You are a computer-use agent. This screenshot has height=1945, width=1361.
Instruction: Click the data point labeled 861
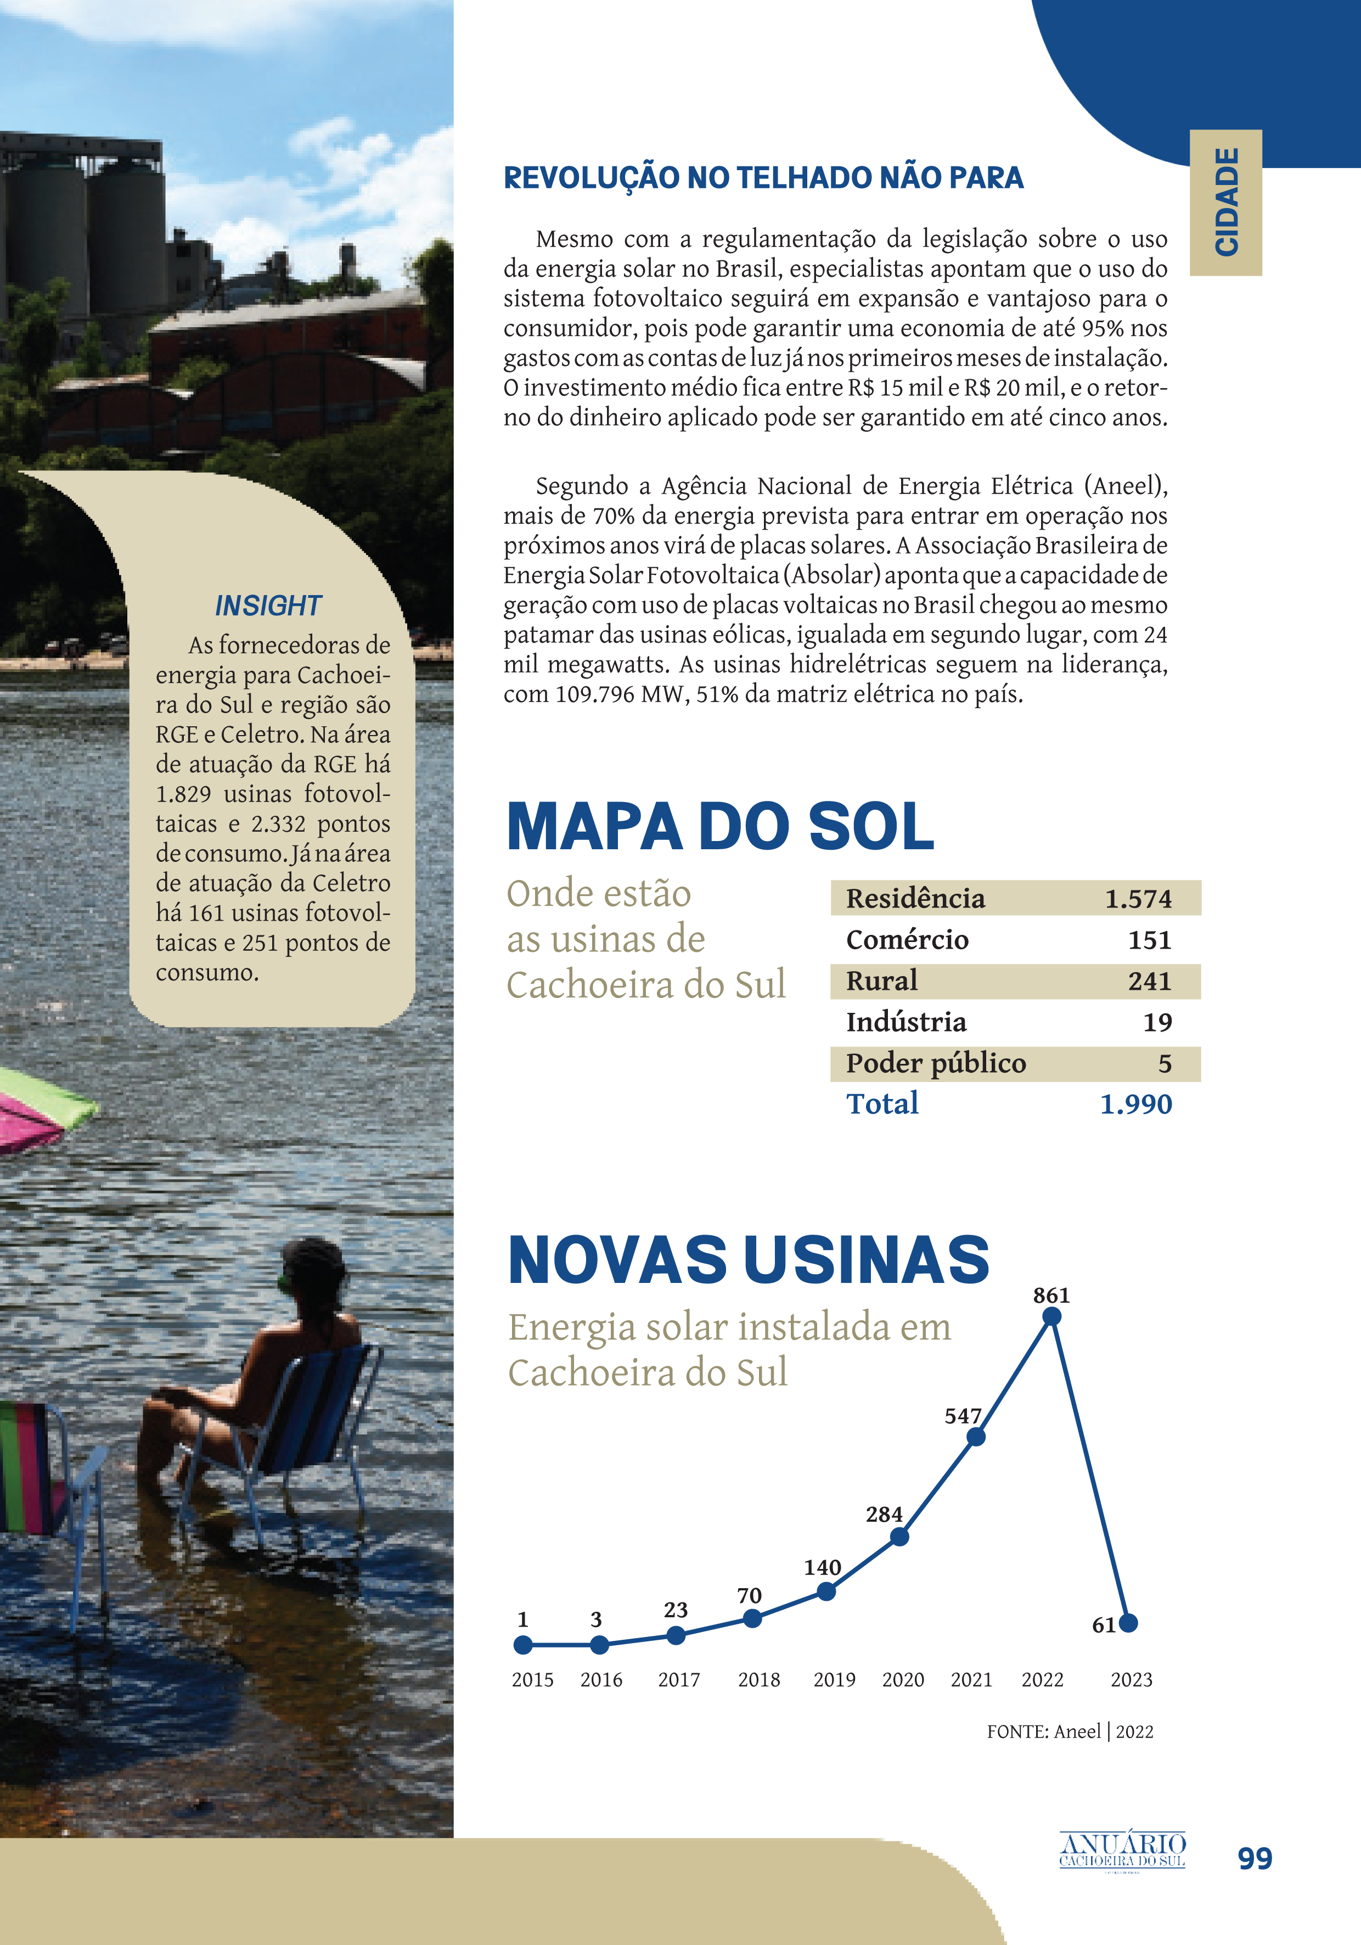click(x=1051, y=1316)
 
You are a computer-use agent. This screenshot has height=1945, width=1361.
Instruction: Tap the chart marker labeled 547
click(x=976, y=1437)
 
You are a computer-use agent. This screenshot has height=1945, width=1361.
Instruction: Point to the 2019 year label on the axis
click(x=834, y=1680)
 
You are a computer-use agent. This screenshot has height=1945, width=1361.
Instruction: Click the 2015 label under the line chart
click(x=532, y=1680)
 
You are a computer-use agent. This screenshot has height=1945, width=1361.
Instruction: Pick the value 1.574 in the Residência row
click(x=1138, y=899)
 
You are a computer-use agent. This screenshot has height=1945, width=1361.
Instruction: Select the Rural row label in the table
click(x=882, y=981)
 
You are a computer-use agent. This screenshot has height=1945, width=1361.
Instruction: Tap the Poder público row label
click(x=936, y=1063)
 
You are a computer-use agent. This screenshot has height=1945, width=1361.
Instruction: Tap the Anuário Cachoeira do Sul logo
click(x=1122, y=1850)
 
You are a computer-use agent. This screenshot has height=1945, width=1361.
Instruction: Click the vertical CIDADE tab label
click(x=1227, y=201)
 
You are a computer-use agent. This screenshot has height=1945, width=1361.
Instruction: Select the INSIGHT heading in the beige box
click(x=268, y=606)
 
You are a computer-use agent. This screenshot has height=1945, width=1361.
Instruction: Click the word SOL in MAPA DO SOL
click(x=871, y=827)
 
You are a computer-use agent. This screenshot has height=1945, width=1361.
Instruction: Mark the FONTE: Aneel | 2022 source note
click(x=1070, y=1731)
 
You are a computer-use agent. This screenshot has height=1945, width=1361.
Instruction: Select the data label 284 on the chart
click(x=884, y=1515)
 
